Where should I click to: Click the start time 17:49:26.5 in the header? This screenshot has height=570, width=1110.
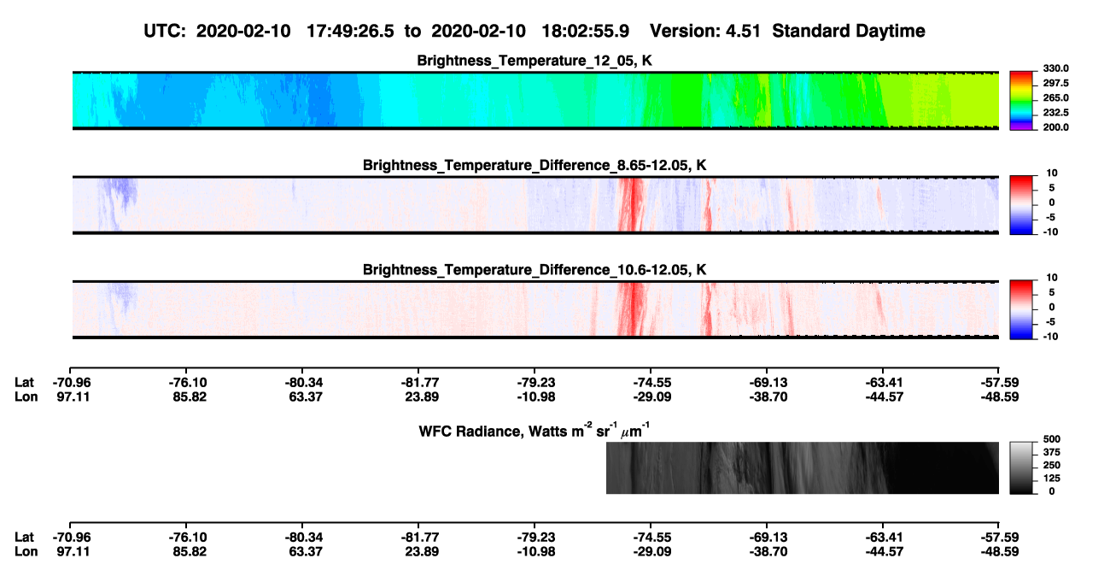[350, 31]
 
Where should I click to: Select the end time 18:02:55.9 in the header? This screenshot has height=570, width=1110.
[585, 31]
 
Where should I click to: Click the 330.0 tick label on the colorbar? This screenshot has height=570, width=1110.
[1055, 68]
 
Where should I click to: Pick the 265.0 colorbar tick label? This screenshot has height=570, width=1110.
[1055, 97]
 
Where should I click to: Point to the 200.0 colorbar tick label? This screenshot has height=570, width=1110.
[1055, 127]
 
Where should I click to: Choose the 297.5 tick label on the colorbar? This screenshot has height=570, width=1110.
[1055, 83]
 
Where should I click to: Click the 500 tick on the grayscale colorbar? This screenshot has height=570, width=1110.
[1052, 439]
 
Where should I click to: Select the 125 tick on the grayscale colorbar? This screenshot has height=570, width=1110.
[1052, 479]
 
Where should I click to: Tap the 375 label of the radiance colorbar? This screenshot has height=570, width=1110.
[1052, 452]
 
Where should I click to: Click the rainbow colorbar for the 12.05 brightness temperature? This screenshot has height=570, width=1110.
[1021, 101]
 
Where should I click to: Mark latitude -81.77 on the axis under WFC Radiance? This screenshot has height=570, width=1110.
[420, 538]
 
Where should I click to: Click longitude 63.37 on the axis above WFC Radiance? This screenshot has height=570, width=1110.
[306, 397]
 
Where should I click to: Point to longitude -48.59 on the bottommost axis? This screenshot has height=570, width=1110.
[1000, 552]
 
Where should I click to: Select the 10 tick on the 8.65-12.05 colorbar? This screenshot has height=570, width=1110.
[1052, 173]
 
